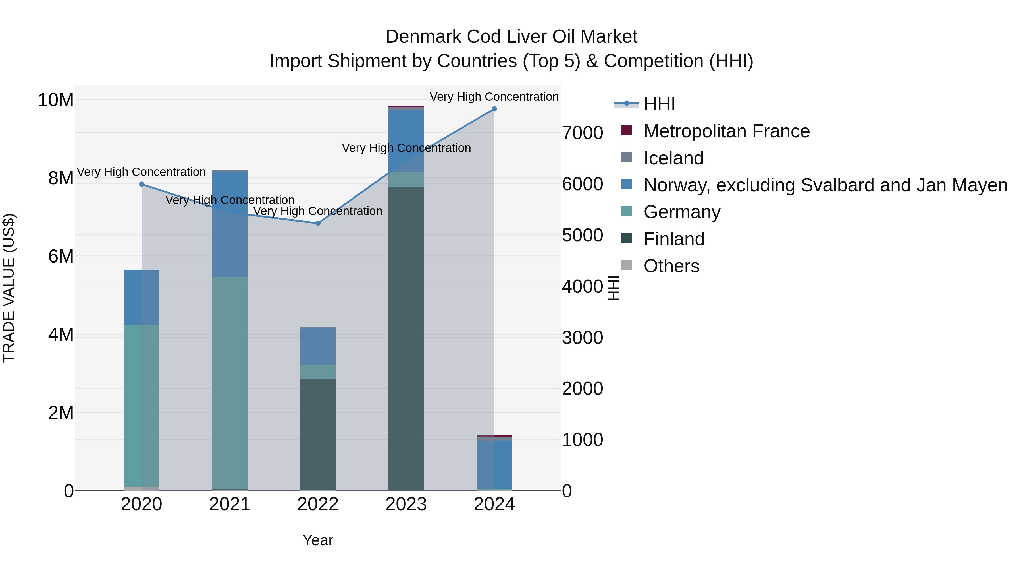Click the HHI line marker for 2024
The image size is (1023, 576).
coord(494,109)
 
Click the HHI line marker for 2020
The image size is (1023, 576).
coord(142,184)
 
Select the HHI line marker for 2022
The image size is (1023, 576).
coord(318,223)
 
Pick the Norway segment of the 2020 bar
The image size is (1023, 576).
coord(142,297)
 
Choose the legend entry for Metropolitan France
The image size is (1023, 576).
coord(726,131)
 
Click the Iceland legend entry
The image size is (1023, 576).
coord(673,158)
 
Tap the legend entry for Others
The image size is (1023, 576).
coord(671,266)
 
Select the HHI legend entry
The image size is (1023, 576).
coord(659,104)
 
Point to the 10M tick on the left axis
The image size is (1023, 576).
coord(56,100)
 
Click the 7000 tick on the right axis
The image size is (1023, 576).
coord(583,133)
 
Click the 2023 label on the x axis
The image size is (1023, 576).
coord(406,504)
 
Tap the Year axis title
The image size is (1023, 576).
coord(318,540)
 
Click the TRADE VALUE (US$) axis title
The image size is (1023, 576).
coord(9,288)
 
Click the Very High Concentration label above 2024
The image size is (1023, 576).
coord(494,97)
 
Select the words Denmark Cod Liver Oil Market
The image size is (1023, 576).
coord(511,37)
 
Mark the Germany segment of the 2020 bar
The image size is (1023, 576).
coord(142,405)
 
